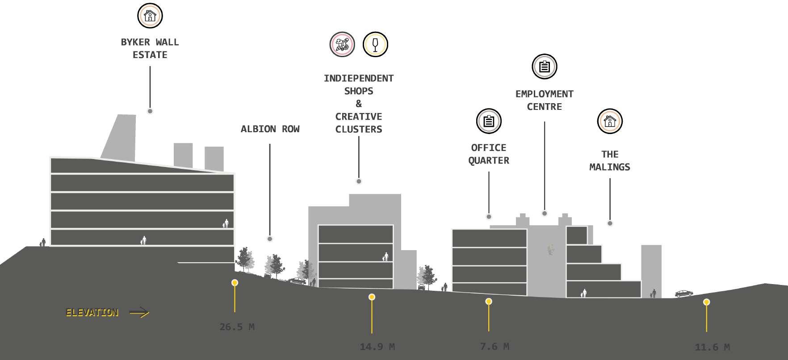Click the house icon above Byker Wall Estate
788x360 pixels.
coord(150,16)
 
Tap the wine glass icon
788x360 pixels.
coord(375,44)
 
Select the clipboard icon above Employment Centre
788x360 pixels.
coord(544,67)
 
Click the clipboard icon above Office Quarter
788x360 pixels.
coord(489,121)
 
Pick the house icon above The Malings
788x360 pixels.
coord(610,121)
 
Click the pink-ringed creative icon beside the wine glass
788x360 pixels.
coord(342,44)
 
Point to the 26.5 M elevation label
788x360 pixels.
coord(237,327)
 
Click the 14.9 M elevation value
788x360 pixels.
coord(377,347)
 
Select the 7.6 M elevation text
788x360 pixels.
coord(494,347)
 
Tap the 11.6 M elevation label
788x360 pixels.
coord(712,347)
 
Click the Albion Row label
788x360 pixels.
coord(270,129)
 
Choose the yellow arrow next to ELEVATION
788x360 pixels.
coord(139,313)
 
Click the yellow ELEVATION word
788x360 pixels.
coord(92,313)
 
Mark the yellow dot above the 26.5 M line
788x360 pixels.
coord(235,283)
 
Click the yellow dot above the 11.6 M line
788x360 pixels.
coord(706,302)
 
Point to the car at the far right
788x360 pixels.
coord(683,293)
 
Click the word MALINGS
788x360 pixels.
coord(610,167)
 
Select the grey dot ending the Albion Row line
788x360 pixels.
coord(270,239)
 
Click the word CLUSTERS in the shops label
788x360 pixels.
coord(359,130)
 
